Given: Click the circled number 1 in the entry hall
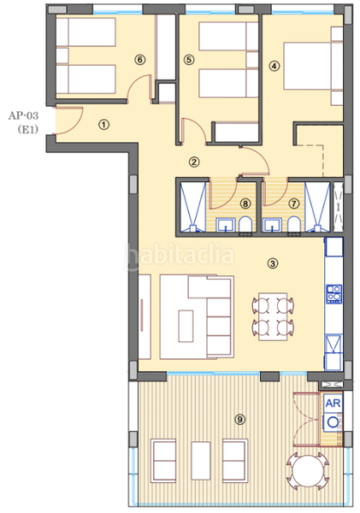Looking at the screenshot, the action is [104, 125].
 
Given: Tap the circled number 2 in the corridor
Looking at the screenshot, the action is [194, 162].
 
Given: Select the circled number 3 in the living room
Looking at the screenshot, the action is [273, 263].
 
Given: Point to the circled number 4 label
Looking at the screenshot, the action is [274, 67].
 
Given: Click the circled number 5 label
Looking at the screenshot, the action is [189, 60].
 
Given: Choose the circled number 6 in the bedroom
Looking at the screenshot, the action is [140, 60].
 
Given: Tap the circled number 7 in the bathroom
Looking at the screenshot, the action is [294, 203].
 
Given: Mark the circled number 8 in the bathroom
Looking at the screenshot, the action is [245, 203].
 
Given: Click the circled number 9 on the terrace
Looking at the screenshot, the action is [240, 419].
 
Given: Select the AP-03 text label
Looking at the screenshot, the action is [23, 115].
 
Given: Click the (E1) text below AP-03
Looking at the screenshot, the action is [28, 130].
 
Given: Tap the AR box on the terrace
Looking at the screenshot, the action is [333, 403].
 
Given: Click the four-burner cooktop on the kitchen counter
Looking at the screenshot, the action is [334, 293].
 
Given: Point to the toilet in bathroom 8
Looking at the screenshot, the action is [245, 224].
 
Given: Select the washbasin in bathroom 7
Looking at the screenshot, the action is [273, 226].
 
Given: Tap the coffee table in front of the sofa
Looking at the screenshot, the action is [186, 326].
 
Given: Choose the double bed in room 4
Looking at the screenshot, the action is [313, 66].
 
